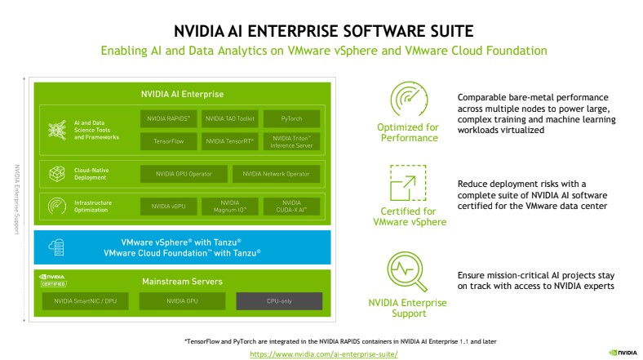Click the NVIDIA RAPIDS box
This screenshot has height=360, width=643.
click(x=168, y=118)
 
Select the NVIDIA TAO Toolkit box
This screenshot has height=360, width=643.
click(x=230, y=118)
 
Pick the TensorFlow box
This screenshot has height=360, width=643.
click(x=168, y=141)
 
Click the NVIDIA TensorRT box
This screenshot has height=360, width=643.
click(x=230, y=141)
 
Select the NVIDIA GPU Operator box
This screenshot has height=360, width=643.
click(x=184, y=174)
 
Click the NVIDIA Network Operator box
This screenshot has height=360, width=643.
click(x=277, y=174)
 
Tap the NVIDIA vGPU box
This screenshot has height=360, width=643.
click(x=168, y=206)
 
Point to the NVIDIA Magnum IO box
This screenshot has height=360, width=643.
click(x=230, y=206)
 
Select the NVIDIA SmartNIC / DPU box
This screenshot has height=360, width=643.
click(x=86, y=301)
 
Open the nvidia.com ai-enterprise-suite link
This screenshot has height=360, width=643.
click(x=323, y=354)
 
